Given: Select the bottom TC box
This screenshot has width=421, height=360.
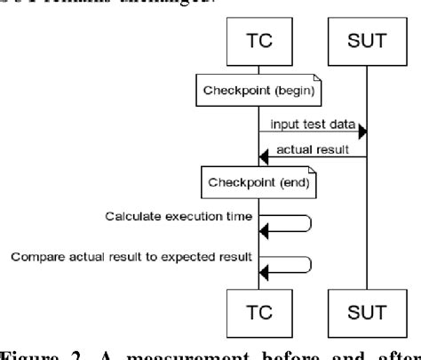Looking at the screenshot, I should coord(259,313).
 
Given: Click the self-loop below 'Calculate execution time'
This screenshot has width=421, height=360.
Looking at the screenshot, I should coord(289,223).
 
